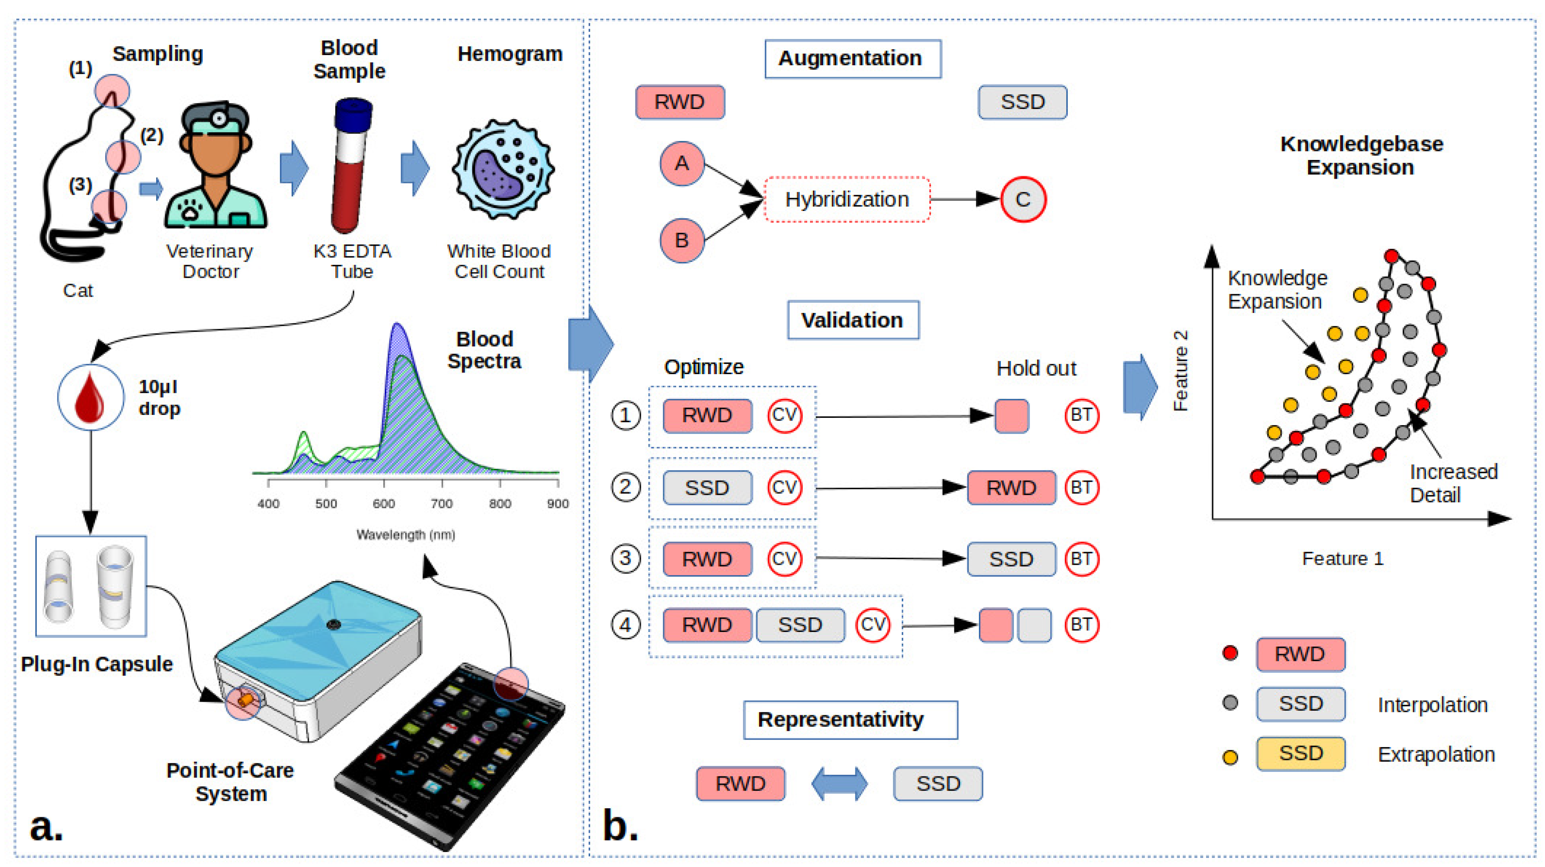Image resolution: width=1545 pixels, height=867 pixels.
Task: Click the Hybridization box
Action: coord(847,199)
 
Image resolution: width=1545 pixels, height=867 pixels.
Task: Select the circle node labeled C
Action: coord(1023,199)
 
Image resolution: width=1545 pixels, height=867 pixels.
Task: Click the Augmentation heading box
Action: coord(852,59)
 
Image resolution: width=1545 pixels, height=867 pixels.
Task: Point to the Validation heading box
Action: coord(852,320)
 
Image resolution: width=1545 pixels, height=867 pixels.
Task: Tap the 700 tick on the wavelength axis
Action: coord(441,503)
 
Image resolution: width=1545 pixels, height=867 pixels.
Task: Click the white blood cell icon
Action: coord(502,170)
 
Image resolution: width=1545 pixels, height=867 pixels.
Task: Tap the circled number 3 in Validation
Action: coord(625,559)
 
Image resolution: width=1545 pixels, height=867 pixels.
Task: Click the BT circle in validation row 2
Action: coord(1081,487)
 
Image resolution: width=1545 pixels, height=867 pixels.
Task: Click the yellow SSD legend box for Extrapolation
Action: coord(1300,754)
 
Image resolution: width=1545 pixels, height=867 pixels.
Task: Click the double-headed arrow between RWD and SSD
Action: coord(839,784)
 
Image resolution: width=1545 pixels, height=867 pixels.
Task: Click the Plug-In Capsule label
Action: coord(97,664)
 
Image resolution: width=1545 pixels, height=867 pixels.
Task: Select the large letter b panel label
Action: coord(620,826)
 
